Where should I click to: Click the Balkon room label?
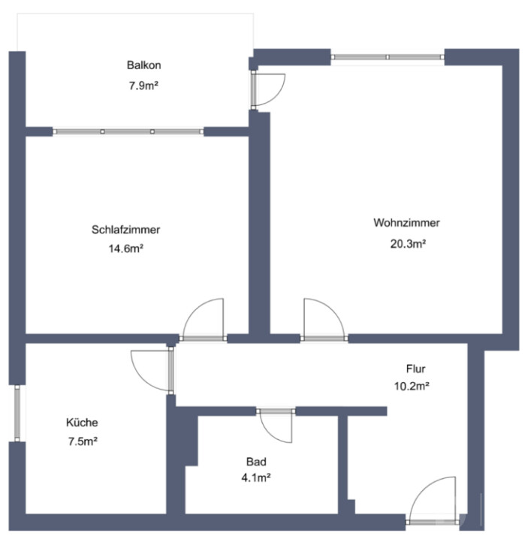click(143, 65)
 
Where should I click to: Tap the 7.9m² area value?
click(143, 86)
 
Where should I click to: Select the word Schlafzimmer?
click(125, 230)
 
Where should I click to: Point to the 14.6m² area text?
click(125, 248)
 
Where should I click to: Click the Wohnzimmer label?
click(406, 222)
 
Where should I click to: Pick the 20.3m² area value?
click(408, 244)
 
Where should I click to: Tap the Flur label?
click(415, 369)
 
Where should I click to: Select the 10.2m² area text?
click(412, 387)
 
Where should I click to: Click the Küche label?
click(82, 423)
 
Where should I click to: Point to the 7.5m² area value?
click(83, 441)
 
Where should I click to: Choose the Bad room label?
click(256, 462)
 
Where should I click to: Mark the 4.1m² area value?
click(256, 477)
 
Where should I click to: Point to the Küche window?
click(17, 414)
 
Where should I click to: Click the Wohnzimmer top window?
click(388, 57)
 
